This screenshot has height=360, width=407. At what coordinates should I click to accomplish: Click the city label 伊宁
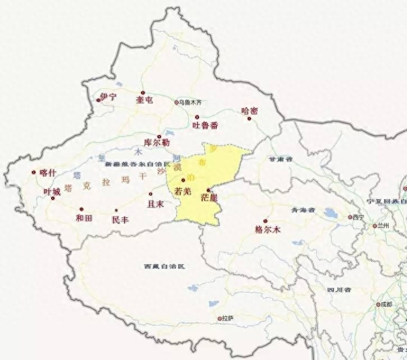(x=108, y=97)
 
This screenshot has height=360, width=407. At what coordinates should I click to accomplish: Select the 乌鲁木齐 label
(x=190, y=103)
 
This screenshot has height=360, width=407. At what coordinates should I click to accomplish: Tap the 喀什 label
(x=48, y=173)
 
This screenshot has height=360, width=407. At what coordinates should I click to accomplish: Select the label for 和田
(x=84, y=218)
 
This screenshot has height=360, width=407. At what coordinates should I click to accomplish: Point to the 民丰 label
(x=120, y=220)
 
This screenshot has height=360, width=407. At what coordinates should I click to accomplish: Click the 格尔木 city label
(x=267, y=229)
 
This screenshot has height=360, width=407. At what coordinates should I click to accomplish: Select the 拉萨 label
(x=227, y=318)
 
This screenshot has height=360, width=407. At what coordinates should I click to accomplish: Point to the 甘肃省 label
(x=281, y=159)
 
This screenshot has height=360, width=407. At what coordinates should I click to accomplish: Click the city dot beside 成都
(x=378, y=304)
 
